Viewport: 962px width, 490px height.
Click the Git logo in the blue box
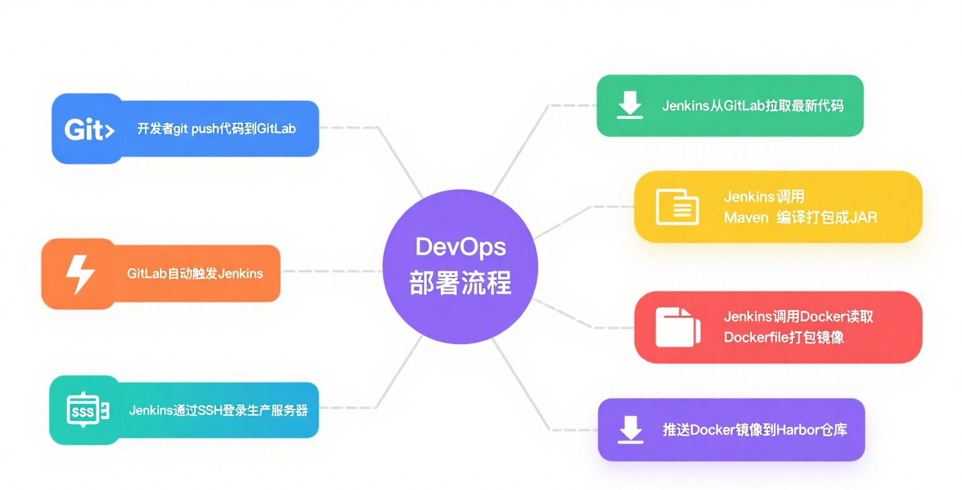(x=89, y=130)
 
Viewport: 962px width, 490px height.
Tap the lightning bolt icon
(x=80, y=274)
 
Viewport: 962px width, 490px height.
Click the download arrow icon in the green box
(x=630, y=105)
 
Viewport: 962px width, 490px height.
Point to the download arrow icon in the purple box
(x=630, y=430)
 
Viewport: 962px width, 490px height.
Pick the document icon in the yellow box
(x=677, y=207)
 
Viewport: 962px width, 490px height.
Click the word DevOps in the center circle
(x=461, y=247)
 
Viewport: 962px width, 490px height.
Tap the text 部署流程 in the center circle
(x=460, y=283)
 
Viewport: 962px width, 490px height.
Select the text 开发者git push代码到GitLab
(x=217, y=129)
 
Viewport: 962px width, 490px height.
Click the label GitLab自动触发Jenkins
(x=195, y=273)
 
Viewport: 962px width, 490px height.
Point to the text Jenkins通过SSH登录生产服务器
(x=218, y=410)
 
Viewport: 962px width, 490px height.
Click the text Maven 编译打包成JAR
(x=800, y=217)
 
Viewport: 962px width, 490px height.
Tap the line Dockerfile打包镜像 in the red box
(x=783, y=337)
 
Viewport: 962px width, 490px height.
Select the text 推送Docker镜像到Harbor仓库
(x=754, y=430)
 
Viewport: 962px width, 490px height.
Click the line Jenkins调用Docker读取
(x=798, y=316)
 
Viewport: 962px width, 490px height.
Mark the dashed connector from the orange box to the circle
(x=331, y=271)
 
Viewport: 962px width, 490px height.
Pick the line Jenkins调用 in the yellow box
(x=764, y=197)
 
